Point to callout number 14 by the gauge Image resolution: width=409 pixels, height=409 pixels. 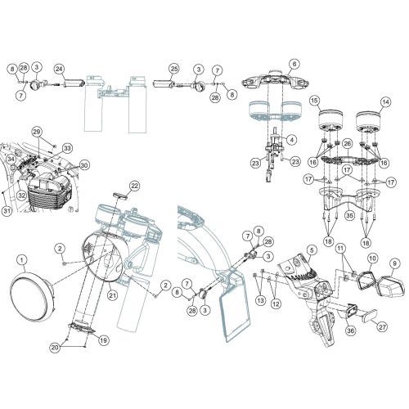tap(387, 102)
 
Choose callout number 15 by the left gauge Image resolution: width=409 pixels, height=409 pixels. tap(314, 101)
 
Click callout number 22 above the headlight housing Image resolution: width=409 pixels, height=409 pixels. tap(135, 186)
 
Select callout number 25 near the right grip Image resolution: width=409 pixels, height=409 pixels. tap(174, 69)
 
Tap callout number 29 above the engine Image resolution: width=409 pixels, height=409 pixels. tap(36, 132)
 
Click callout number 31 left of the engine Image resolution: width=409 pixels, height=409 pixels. tap(7, 213)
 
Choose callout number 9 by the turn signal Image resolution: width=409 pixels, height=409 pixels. tap(395, 263)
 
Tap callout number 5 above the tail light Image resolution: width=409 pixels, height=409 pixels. tap(312, 249)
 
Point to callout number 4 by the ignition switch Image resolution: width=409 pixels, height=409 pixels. tap(291, 140)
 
